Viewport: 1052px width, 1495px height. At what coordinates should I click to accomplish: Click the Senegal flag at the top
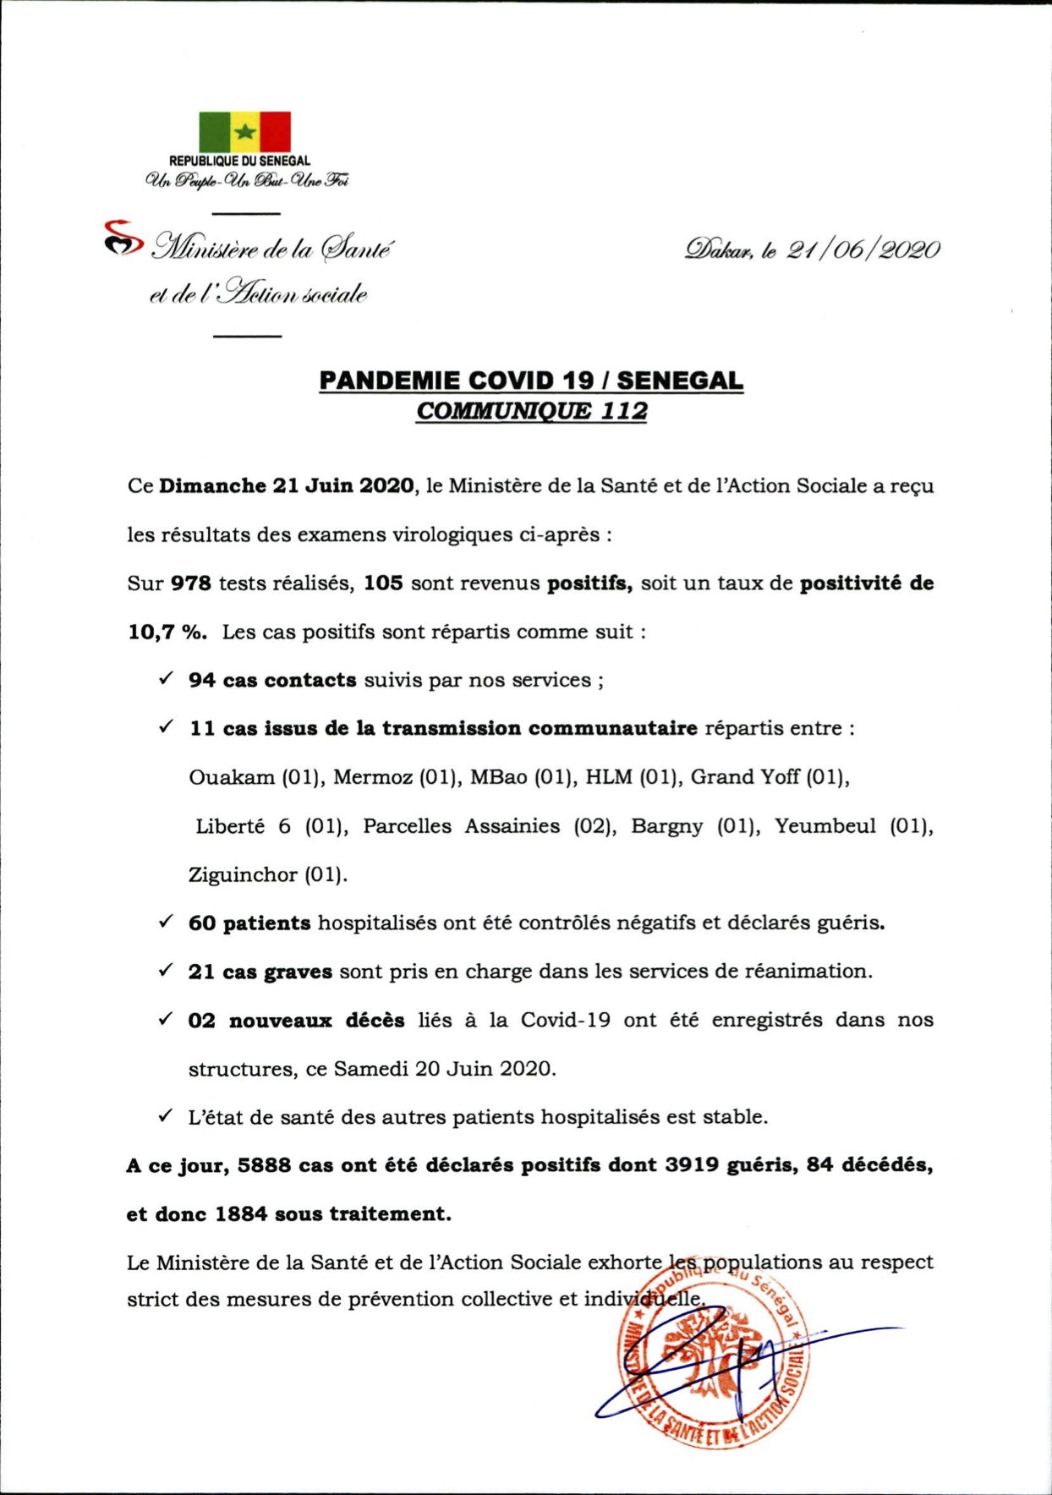point(244,132)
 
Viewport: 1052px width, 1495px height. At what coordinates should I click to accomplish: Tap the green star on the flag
point(244,132)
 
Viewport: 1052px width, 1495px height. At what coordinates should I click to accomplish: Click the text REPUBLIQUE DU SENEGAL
point(239,161)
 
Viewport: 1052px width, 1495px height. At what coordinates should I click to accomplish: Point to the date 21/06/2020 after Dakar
point(863,250)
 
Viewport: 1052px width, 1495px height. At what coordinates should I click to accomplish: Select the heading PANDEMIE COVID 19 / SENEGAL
point(531,381)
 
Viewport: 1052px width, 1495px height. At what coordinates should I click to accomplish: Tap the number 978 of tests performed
point(190,583)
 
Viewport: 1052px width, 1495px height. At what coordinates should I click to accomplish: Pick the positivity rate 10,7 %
point(167,632)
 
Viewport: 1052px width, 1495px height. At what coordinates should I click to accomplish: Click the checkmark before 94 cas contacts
point(167,678)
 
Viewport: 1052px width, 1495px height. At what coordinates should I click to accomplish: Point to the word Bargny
point(666,826)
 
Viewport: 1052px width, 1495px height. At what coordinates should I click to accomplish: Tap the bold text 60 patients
point(249,923)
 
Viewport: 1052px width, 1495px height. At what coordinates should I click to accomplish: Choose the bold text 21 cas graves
point(260,972)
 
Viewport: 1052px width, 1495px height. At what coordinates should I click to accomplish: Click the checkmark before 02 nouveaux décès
point(167,1019)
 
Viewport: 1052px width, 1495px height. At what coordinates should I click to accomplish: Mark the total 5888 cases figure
point(264,1166)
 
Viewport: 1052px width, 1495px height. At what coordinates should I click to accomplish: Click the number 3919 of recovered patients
point(692,1166)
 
